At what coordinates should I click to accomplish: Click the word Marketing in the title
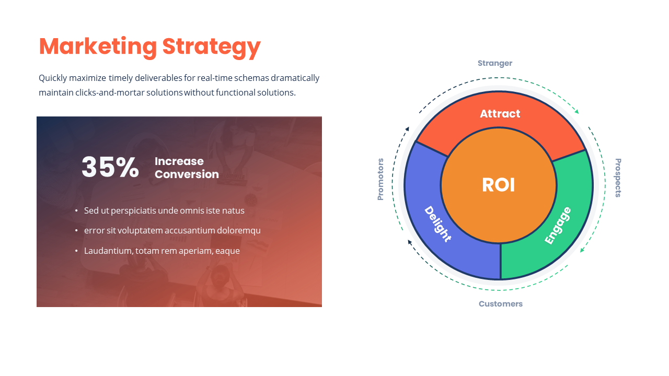(98, 46)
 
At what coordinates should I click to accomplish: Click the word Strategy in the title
(211, 46)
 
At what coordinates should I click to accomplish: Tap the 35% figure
(110, 168)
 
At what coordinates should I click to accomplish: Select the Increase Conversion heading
(187, 168)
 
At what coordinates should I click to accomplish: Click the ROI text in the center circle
(498, 185)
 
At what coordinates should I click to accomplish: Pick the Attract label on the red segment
(500, 114)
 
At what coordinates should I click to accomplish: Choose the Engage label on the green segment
(558, 226)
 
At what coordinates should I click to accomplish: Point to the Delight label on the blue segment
(437, 224)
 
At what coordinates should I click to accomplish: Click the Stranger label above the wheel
(495, 63)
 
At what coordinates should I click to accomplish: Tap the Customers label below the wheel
(500, 304)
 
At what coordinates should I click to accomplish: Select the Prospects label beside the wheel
(618, 178)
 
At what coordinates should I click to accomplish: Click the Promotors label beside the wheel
(380, 179)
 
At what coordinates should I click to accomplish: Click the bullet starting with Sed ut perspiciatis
(164, 210)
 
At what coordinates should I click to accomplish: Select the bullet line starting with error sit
(172, 230)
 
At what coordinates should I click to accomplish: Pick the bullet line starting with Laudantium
(162, 251)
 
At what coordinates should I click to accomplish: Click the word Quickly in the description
(53, 78)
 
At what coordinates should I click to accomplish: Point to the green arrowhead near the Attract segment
(576, 111)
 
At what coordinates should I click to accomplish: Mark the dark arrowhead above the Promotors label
(407, 128)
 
